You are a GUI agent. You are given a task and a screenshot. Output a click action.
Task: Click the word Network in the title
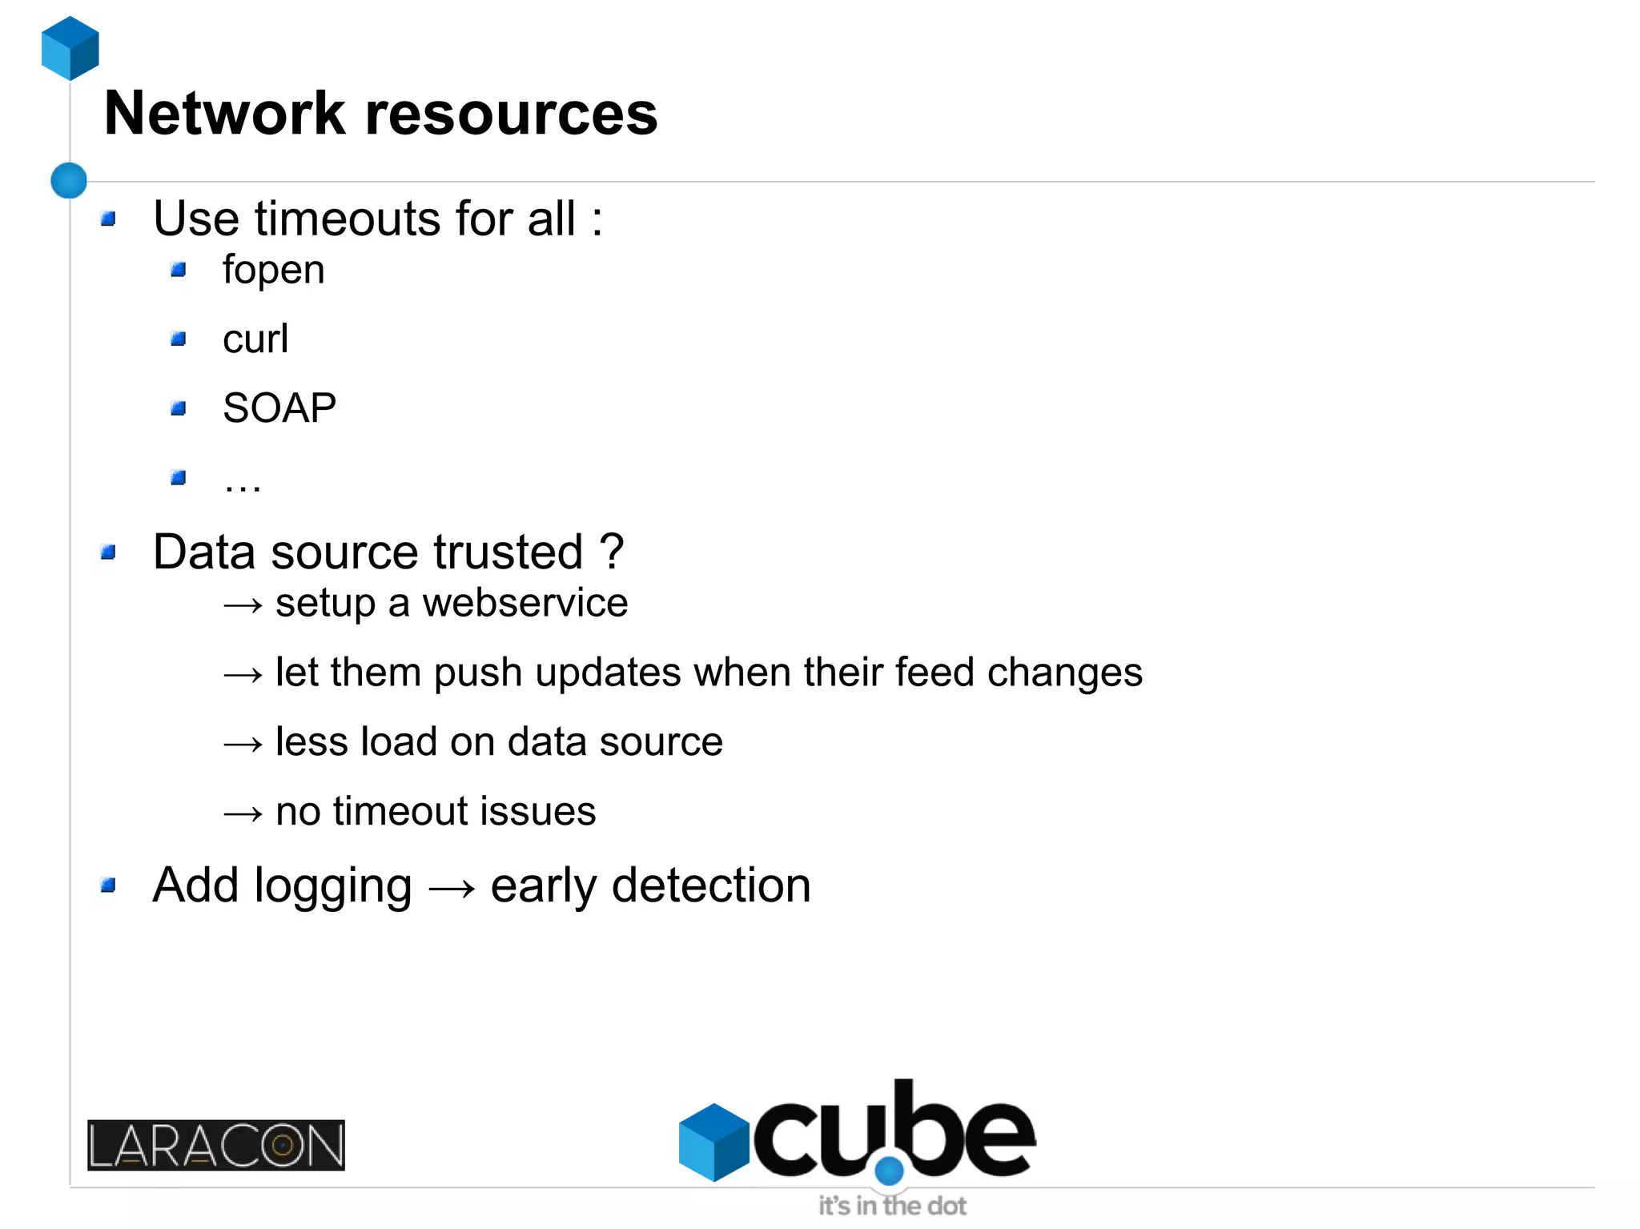(x=224, y=114)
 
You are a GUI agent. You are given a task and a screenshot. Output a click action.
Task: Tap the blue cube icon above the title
(x=70, y=48)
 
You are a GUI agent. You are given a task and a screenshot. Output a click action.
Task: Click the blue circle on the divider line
(x=69, y=180)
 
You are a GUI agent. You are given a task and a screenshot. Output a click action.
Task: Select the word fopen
(x=273, y=270)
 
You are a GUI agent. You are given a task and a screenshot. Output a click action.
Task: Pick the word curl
(x=255, y=339)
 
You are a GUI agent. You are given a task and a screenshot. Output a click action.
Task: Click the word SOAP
(x=279, y=408)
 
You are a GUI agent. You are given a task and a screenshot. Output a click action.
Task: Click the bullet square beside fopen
(x=179, y=270)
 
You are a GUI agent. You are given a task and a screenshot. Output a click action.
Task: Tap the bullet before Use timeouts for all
(x=109, y=219)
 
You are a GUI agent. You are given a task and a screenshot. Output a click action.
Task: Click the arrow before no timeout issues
(x=243, y=814)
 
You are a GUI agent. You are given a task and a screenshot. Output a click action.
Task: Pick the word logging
(x=333, y=887)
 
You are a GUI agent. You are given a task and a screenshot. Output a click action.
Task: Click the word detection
(x=711, y=886)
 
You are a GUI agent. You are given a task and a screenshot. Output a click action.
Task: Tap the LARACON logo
(x=216, y=1145)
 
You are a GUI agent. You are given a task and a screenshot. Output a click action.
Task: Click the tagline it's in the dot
(x=891, y=1206)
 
